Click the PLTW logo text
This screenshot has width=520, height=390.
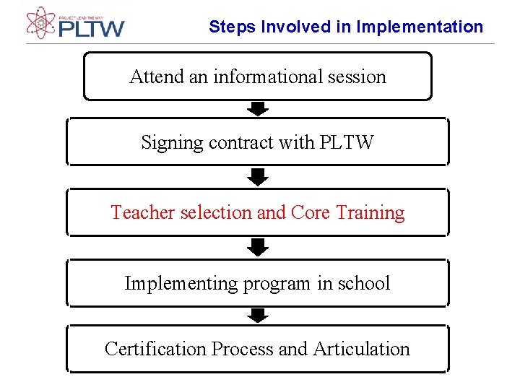(92, 28)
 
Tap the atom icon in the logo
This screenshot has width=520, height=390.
(40, 22)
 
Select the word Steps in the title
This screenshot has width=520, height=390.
(233, 27)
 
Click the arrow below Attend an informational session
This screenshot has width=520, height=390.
(258, 108)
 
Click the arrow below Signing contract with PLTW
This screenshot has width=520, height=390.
(258, 177)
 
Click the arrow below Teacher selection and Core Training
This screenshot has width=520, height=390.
(258, 247)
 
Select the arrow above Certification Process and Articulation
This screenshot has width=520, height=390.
(258, 315)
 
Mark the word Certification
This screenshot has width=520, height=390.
(155, 349)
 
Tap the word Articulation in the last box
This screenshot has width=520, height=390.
(361, 349)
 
